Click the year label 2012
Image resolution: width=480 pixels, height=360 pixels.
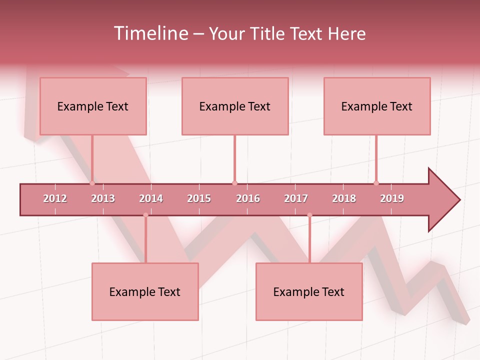click(x=55, y=198)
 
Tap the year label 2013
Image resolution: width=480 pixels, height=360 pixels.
click(x=103, y=198)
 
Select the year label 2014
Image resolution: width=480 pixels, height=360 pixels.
click(x=151, y=198)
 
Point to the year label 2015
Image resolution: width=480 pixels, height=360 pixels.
click(x=199, y=198)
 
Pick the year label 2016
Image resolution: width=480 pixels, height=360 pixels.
click(x=248, y=198)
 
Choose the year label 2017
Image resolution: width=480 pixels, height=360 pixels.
click(x=296, y=198)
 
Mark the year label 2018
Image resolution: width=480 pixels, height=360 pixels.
click(x=344, y=198)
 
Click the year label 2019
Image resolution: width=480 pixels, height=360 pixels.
click(x=392, y=198)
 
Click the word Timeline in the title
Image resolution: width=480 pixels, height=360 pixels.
click(x=150, y=33)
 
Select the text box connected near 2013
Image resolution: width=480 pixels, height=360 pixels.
click(x=93, y=106)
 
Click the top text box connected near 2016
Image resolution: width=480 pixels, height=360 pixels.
click(x=235, y=106)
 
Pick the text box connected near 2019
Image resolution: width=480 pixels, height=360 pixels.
click(x=377, y=106)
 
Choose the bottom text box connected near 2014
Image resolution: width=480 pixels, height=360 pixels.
click(x=145, y=291)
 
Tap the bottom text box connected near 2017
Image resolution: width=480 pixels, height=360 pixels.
click(x=309, y=291)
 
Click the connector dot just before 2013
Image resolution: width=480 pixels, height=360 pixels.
click(x=92, y=183)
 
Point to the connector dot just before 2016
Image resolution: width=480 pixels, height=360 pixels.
click(x=234, y=183)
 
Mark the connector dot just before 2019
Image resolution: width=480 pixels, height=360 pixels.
click(x=376, y=183)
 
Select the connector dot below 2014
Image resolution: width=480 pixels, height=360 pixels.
click(x=145, y=215)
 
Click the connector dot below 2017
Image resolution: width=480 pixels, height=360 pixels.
click(x=309, y=215)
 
